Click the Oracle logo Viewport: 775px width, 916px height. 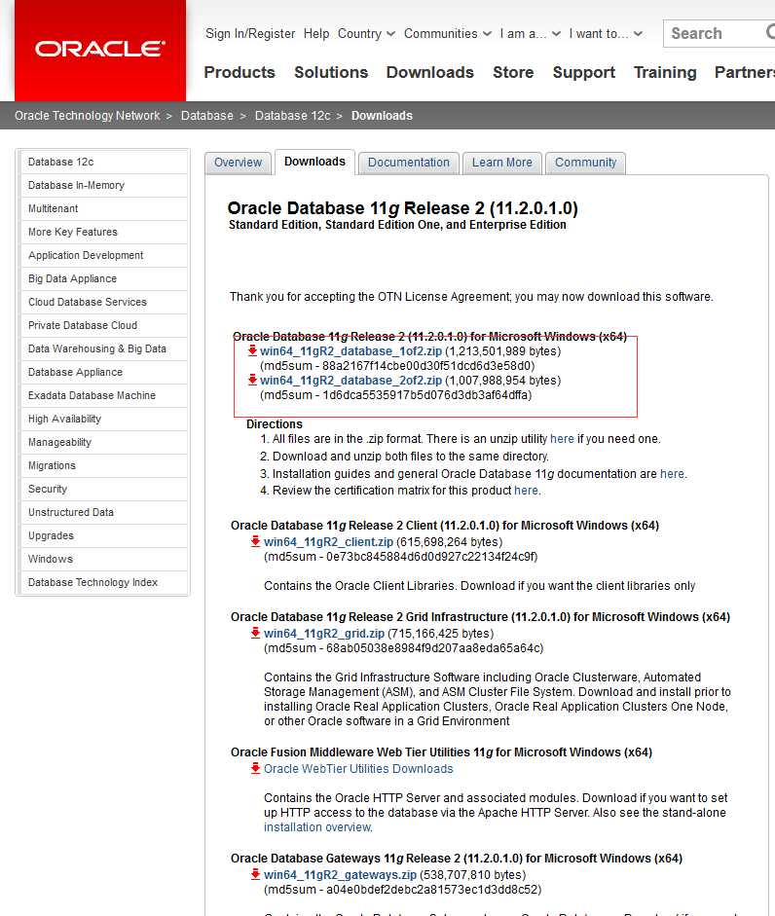(x=99, y=48)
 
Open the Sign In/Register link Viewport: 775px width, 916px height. (x=250, y=33)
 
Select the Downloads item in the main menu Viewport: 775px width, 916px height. (x=429, y=72)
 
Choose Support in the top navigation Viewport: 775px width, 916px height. (x=584, y=72)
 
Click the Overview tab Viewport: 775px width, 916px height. (x=239, y=163)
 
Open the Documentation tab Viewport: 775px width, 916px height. (x=409, y=163)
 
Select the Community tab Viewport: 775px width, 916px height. (x=585, y=163)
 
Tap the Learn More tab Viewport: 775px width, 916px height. (x=502, y=163)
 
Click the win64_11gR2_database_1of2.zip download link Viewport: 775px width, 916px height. (x=351, y=350)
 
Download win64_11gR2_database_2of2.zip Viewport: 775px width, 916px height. (x=351, y=380)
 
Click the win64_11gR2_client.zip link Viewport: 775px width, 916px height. (x=328, y=541)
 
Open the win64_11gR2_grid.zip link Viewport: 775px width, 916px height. (x=323, y=633)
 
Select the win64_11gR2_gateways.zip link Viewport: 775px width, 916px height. (x=340, y=874)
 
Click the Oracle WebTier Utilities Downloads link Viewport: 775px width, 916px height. (x=358, y=768)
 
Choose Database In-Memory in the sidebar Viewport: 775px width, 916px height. (x=76, y=185)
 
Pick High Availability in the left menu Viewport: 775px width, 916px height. (x=64, y=419)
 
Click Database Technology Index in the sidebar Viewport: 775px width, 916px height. (x=92, y=582)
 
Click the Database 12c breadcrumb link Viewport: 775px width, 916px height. (x=292, y=116)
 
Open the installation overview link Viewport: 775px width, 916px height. (x=317, y=826)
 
